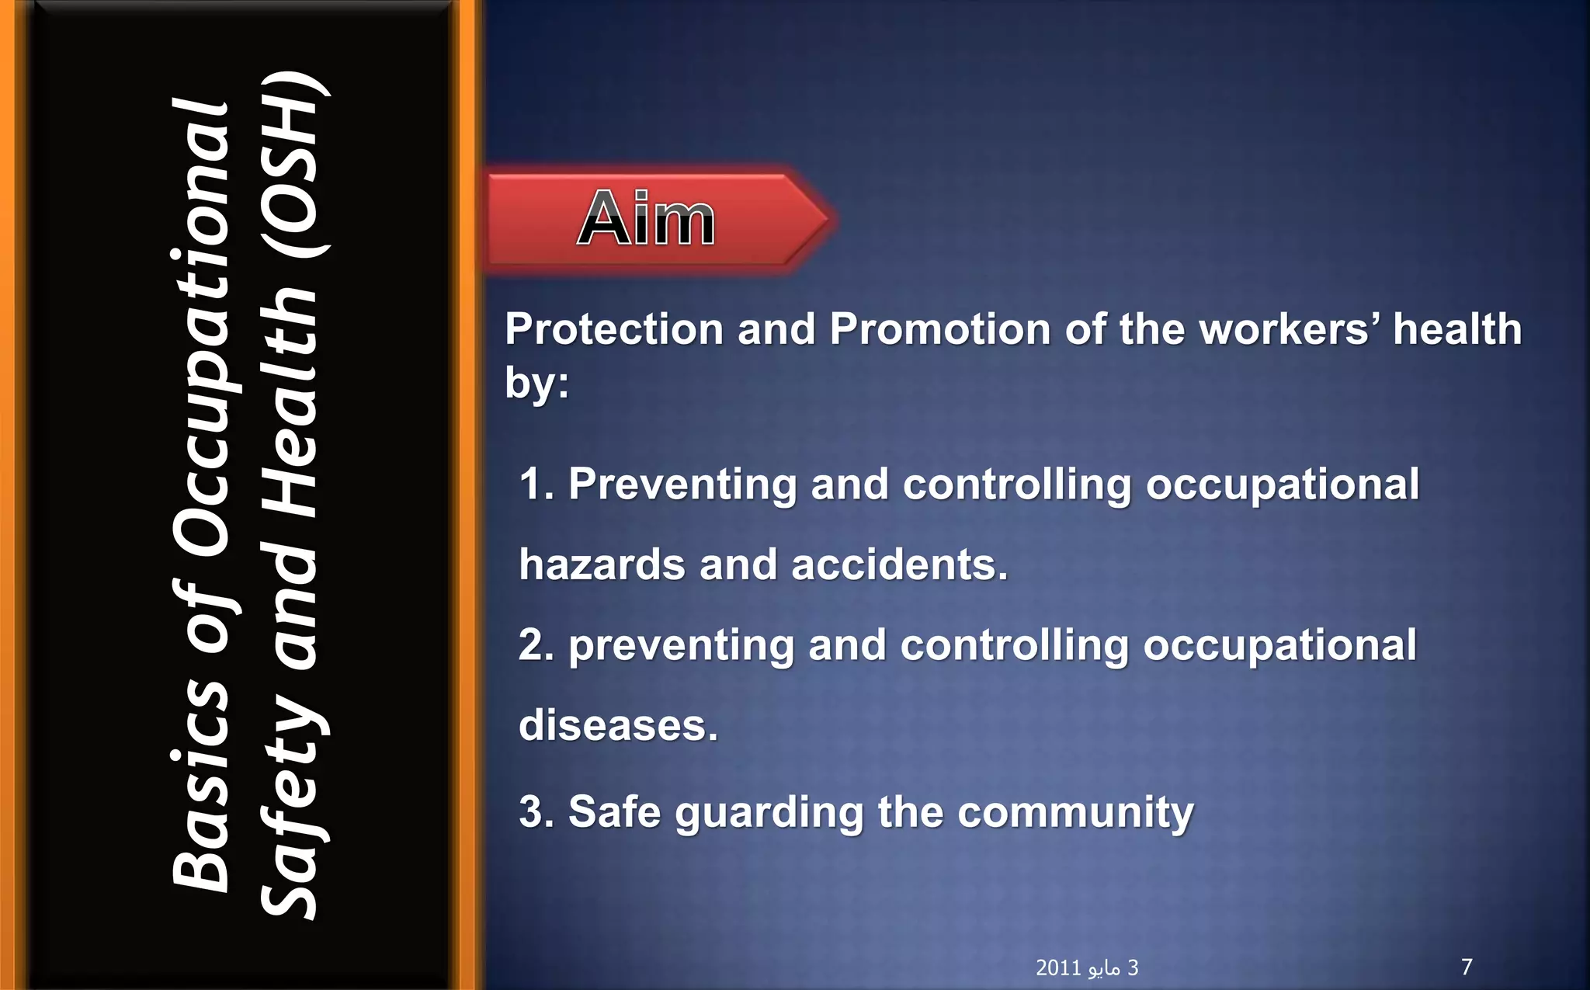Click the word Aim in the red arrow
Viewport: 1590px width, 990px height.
[x=646, y=219]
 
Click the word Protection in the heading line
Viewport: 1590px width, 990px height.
[x=613, y=329]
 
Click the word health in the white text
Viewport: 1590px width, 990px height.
[x=1456, y=329]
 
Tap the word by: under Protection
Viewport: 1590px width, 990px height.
[x=536, y=383]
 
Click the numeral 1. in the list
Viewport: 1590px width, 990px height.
[x=536, y=485]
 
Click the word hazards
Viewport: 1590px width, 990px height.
[x=602, y=564]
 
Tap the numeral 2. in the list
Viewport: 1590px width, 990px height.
[x=536, y=645]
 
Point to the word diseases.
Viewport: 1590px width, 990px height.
[x=618, y=725]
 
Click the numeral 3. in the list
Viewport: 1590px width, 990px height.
[x=536, y=812]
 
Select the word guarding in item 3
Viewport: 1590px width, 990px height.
[x=769, y=814]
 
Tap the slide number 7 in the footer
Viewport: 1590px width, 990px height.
[x=1467, y=967]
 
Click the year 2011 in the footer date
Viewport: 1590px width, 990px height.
[x=1058, y=967]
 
